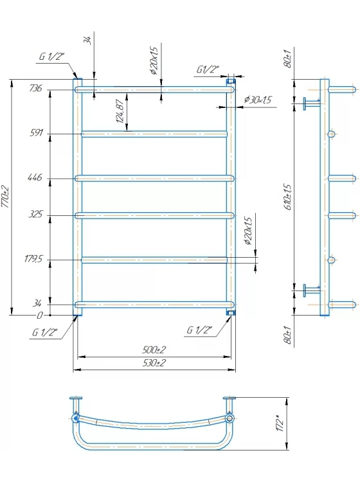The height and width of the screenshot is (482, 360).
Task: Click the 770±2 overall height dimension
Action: coord(6,197)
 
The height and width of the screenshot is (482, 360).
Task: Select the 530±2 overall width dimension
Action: coord(154,363)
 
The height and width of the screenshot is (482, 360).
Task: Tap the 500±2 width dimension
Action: coord(154,350)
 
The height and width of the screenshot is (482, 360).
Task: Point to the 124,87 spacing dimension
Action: coord(121,111)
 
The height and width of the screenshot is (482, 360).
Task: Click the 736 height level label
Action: coord(35,88)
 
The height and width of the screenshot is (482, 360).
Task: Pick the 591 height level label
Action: coord(36,133)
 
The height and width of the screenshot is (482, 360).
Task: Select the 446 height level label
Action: coord(35,177)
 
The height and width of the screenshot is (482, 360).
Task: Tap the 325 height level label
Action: coord(35,214)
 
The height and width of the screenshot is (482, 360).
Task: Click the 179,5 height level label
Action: coord(34,259)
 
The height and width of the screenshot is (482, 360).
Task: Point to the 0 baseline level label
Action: coord(39,316)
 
